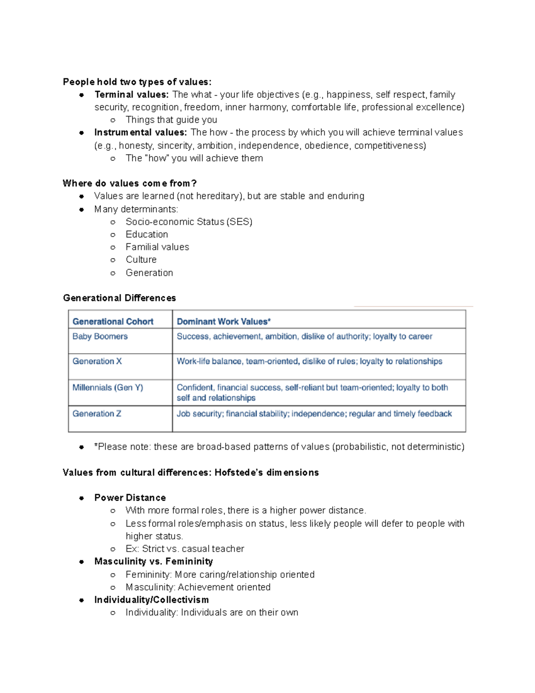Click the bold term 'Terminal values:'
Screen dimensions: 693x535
point(132,95)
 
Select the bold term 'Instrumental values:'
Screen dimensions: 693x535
point(140,133)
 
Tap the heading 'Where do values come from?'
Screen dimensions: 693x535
point(130,183)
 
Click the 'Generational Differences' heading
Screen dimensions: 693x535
point(119,298)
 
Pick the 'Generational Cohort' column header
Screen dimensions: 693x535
point(113,322)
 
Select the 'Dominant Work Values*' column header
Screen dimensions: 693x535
point(224,322)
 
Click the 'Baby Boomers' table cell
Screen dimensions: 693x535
point(100,336)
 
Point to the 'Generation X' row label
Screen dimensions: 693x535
point(97,361)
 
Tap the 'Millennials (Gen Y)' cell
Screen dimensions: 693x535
point(107,388)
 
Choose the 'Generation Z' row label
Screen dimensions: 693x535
point(97,414)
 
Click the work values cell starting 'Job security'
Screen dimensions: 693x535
point(314,414)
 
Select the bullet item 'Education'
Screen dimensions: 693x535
point(147,235)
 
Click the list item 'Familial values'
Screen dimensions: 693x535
point(157,247)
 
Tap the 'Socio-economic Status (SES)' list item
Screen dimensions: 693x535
point(189,222)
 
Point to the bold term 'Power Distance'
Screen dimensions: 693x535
point(130,498)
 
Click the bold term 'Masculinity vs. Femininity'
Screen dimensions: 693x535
point(153,561)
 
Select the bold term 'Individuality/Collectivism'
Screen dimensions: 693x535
point(151,600)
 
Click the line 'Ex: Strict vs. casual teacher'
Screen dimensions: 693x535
point(185,549)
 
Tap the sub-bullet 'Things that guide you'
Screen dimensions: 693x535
point(171,120)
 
